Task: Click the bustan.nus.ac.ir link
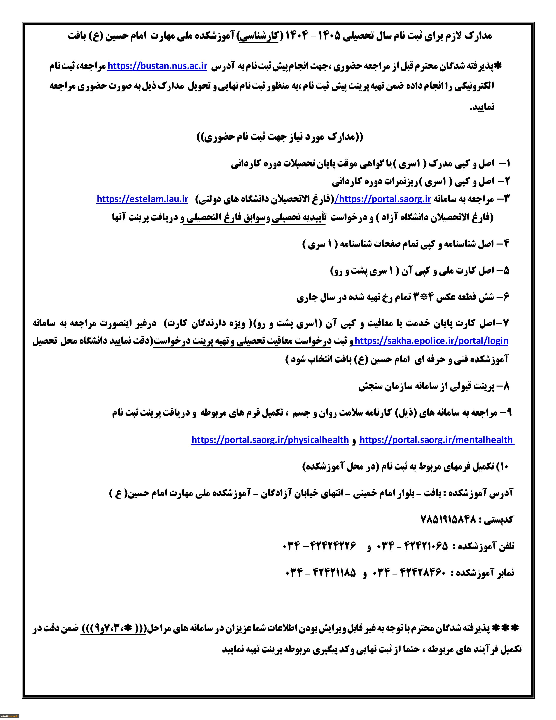tap(157, 66)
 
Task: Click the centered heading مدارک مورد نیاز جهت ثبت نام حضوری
tap(280, 137)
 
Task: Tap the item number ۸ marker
tap(506, 386)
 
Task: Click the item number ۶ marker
tap(506, 297)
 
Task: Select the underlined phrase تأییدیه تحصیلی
tap(298, 218)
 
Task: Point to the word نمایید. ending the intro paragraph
tap(482, 107)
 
